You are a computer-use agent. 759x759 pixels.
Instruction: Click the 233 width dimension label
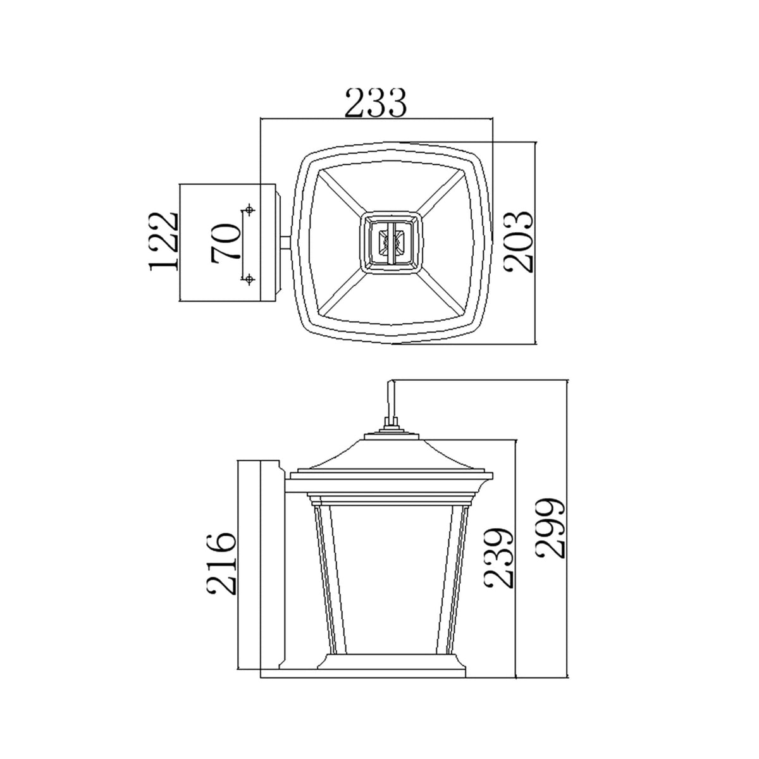click(x=375, y=103)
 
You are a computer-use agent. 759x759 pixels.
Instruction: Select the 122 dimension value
click(x=163, y=242)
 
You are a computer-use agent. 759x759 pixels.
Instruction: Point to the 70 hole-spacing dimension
click(x=226, y=242)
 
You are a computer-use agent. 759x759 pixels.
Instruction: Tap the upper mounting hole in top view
click(x=249, y=209)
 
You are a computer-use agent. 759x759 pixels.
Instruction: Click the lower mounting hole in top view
click(x=248, y=279)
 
